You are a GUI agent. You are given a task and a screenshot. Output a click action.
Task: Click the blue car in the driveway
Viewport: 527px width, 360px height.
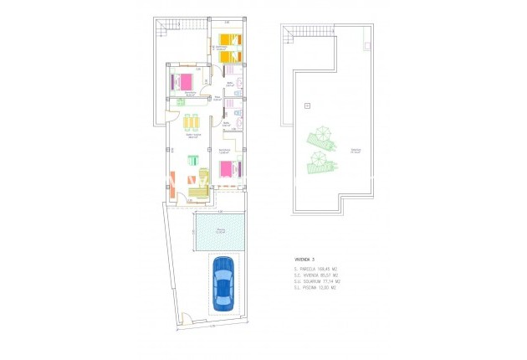223,285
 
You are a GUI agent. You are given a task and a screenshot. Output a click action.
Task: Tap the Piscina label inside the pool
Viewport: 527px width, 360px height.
220,229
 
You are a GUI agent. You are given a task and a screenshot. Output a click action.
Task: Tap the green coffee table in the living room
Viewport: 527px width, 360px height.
192,160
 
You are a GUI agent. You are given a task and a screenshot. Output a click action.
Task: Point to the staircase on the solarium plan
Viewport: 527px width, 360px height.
289,34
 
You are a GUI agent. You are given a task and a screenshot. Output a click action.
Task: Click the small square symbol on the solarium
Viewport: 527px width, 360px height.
307,105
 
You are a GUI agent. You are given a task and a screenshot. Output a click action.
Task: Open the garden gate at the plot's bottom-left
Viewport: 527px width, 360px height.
189,318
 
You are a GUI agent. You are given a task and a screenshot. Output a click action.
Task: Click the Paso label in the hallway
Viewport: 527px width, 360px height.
216,98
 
